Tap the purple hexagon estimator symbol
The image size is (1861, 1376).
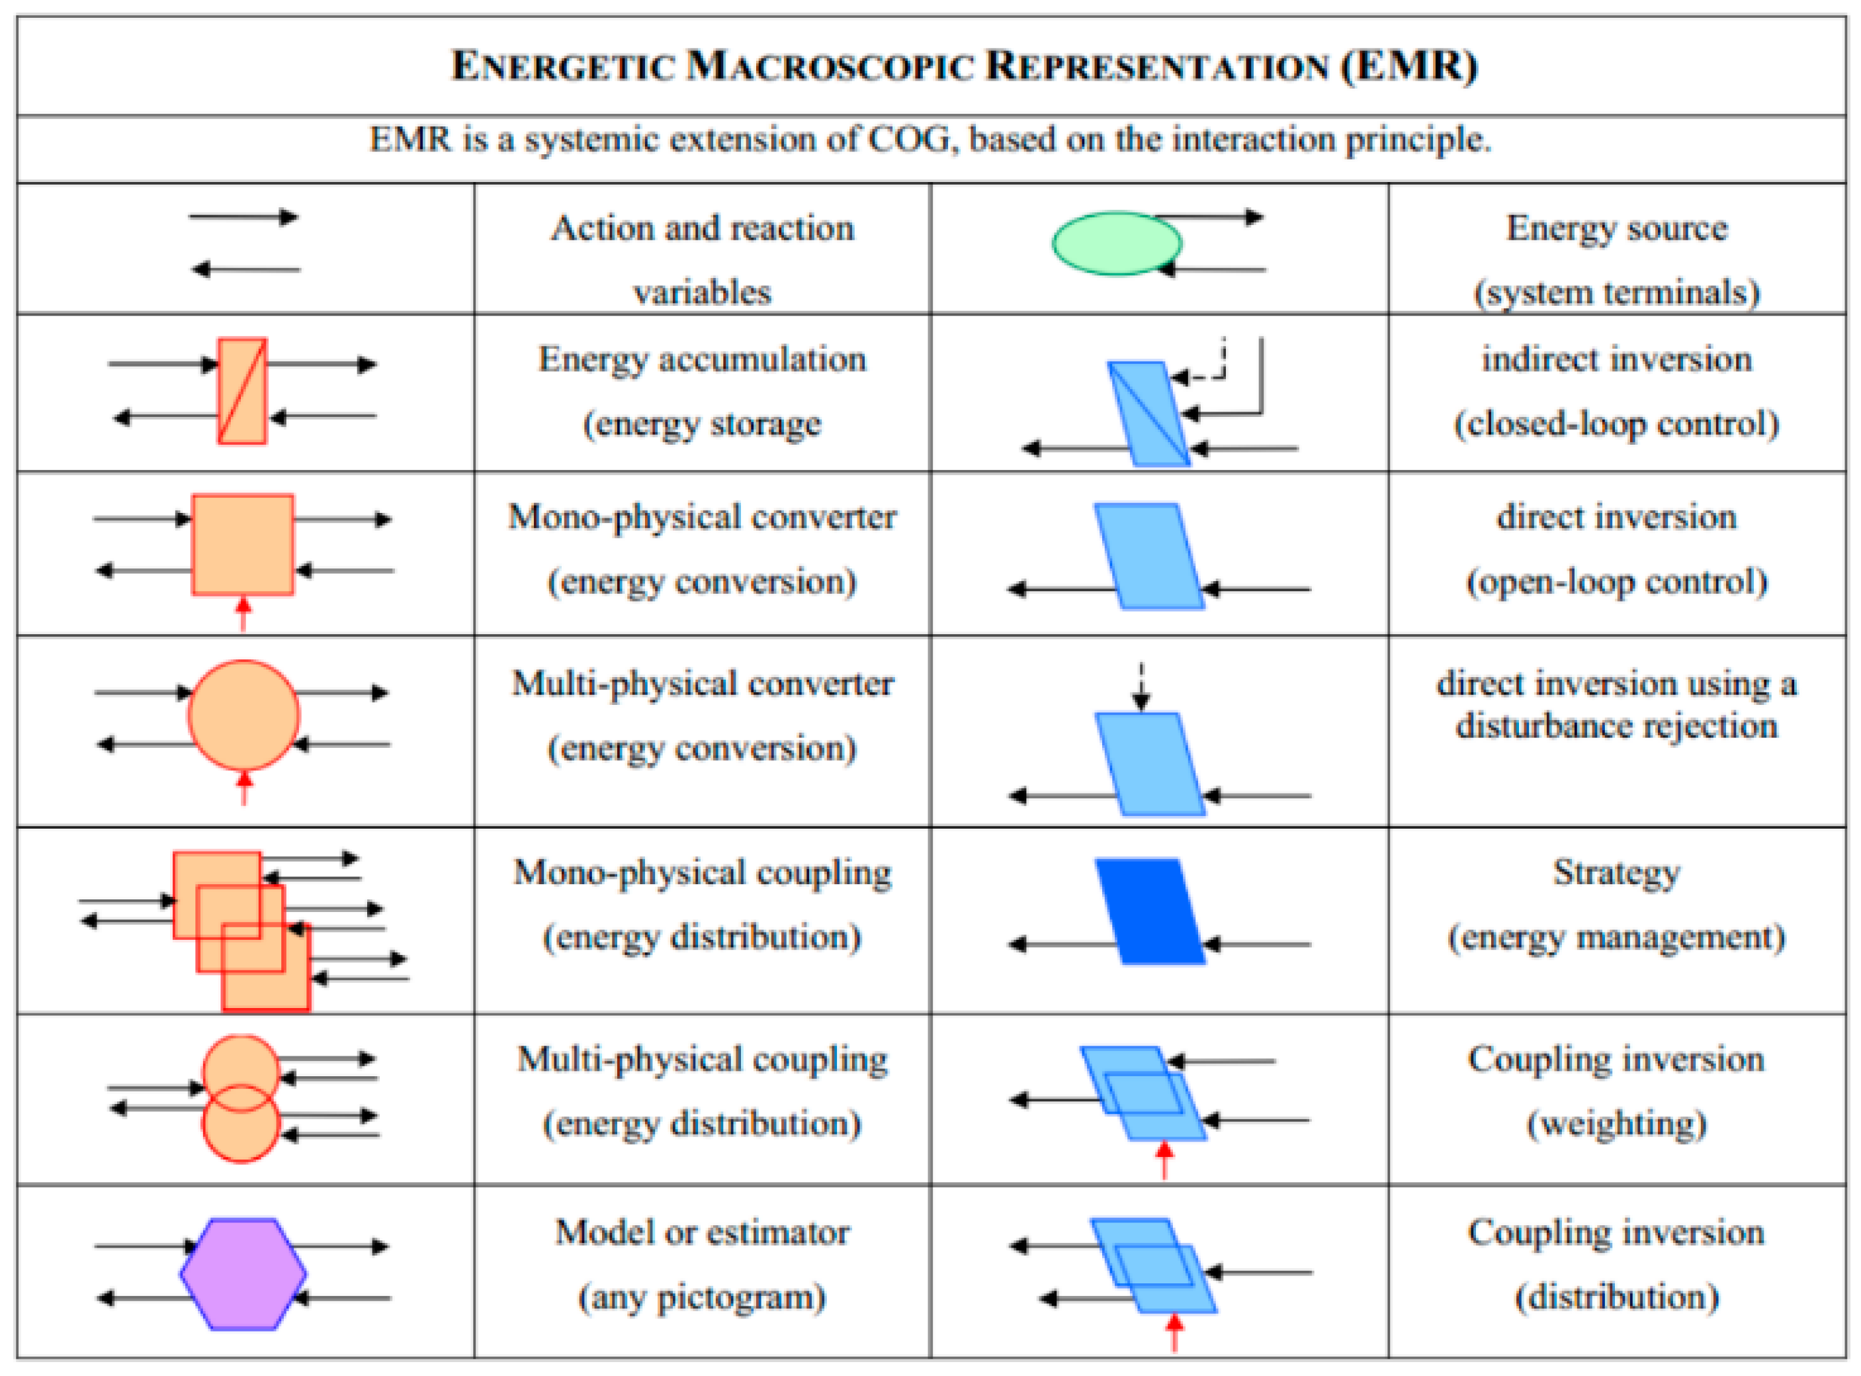pyautogui.click(x=242, y=1273)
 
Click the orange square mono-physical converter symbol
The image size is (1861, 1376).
pyautogui.click(x=242, y=545)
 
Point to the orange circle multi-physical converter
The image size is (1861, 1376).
pyautogui.click(x=242, y=715)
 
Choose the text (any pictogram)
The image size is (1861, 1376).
pyautogui.click(x=702, y=1297)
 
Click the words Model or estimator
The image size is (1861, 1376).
pyautogui.click(x=702, y=1232)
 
